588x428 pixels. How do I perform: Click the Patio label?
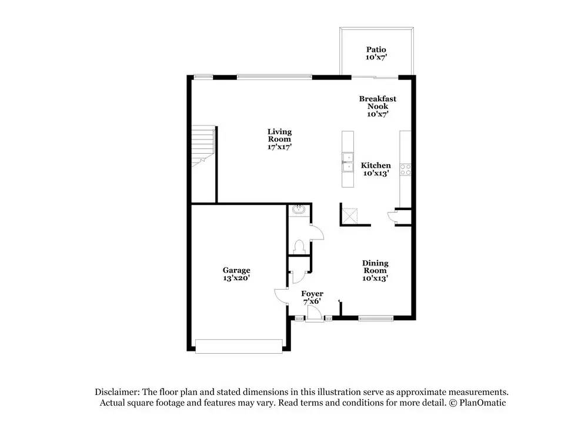pyautogui.click(x=376, y=49)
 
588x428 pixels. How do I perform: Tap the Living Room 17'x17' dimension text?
pyautogui.click(x=279, y=147)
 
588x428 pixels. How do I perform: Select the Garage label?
pyautogui.click(x=236, y=270)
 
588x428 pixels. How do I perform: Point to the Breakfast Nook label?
pyautogui.click(x=377, y=102)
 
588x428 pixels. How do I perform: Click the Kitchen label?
pyautogui.click(x=376, y=165)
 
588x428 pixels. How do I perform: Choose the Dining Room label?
pyautogui.click(x=375, y=267)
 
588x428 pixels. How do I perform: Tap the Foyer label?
pyautogui.click(x=312, y=294)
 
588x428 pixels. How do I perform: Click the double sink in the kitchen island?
pyautogui.click(x=348, y=162)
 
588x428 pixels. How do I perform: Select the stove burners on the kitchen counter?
pyautogui.click(x=405, y=170)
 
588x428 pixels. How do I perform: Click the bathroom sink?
pyautogui.click(x=299, y=210)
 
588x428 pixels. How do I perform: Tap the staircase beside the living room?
pyautogui.click(x=203, y=147)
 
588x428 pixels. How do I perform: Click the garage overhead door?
pyautogui.click(x=239, y=346)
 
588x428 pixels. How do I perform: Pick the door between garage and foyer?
pyautogui.click(x=281, y=296)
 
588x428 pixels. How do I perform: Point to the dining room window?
pyautogui.click(x=376, y=318)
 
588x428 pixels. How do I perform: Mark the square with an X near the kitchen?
pyautogui.click(x=350, y=216)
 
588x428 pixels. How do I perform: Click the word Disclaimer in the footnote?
pyautogui.click(x=117, y=392)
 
